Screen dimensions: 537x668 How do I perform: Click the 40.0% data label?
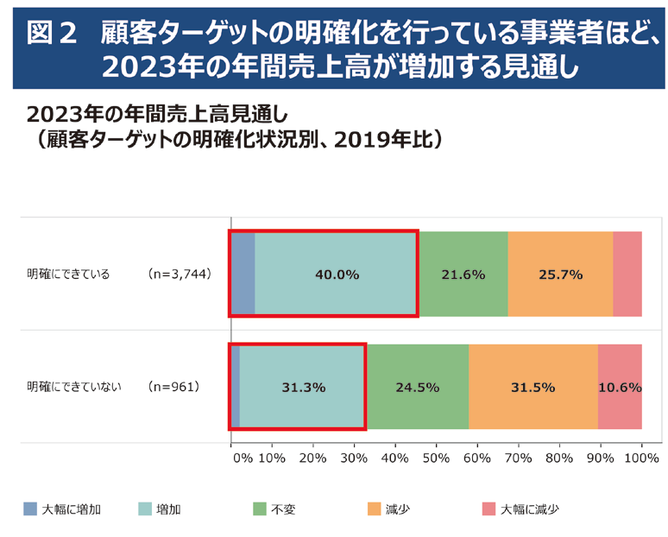[337, 275]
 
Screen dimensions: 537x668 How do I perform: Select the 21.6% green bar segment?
[463, 275]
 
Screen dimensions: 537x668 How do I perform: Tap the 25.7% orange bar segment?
[560, 275]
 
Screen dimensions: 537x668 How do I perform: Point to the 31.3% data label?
[304, 387]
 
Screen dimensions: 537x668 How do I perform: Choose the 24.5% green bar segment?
[418, 387]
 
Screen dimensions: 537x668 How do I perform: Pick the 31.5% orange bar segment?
[533, 387]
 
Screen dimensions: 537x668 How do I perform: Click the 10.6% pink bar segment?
[620, 387]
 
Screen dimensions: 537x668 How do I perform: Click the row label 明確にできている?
[68, 275]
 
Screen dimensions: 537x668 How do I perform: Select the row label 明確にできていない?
[73, 387]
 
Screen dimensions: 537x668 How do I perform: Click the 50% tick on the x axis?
[437, 458]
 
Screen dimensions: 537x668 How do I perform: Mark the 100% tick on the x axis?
[641, 458]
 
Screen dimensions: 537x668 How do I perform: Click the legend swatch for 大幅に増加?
[30, 509]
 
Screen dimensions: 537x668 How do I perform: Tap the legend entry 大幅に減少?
[530, 509]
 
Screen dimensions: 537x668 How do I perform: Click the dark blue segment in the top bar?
[243, 275]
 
